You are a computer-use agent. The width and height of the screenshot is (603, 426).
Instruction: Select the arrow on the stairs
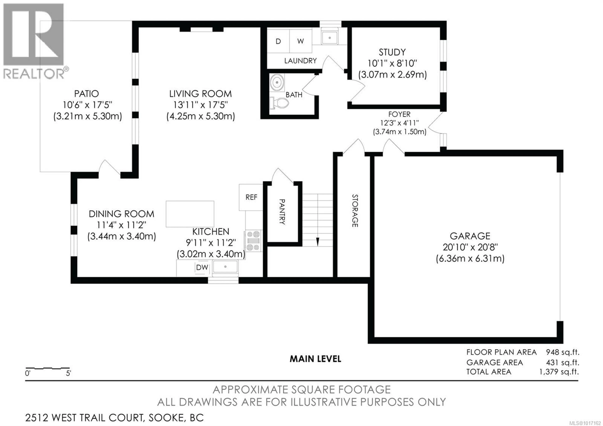click(x=318, y=241)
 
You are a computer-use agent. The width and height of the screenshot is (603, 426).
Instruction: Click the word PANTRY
click(x=282, y=212)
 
